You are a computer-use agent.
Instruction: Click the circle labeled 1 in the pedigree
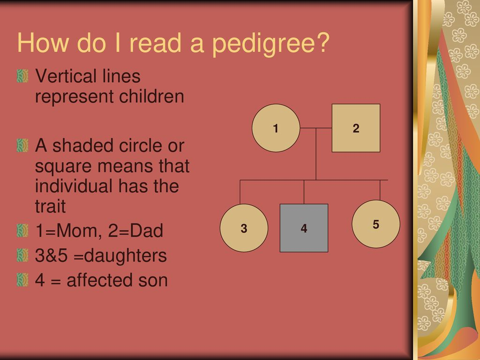(276, 128)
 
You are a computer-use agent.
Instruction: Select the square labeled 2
(356, 128)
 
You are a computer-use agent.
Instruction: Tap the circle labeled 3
(244, 228)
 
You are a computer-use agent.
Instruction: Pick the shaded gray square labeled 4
(304, 228)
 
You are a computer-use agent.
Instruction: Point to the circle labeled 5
(376, 224)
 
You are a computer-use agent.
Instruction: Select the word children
(151, 96)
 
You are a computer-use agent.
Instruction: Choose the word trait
(50, 206)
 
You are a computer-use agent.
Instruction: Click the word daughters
(125, 255)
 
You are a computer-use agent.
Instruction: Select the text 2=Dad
(135, 231)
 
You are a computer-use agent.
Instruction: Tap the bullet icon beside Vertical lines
(22, 76)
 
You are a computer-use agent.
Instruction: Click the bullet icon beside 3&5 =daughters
(22, 255)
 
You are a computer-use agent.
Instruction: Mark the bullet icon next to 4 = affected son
(22, 280)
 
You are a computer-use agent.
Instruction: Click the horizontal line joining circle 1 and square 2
(316, 128)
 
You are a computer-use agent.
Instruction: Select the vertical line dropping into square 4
(304, 192)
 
